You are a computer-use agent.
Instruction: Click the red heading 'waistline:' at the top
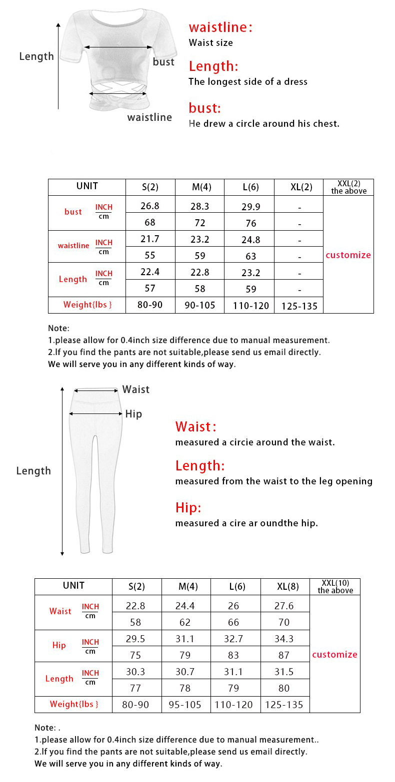pyautogui.click(x=220, y=27)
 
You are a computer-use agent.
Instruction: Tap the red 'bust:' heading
pyautogui.click(x=204, y=108)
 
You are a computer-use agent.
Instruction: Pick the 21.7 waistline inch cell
pyautogui.click(x=150, y=239)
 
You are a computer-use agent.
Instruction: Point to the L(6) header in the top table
pyautogui.click(x=249, y=187)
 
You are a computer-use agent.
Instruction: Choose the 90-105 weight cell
pyautogui.click(x=200, y=305)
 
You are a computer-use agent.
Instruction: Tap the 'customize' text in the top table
pyautogui.click(x=348, y=255)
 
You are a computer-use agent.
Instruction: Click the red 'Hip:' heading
pyautogui.click(x=188, y=508)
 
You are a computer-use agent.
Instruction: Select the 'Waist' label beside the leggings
pyautogui.click(x=135, y=390)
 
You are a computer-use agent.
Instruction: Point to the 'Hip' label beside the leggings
pyautogui.click(x=133, y=414)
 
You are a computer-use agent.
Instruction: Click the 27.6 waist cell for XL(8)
pyautogui.click(x=284, y=606)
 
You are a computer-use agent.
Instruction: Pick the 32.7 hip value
pyautogui.click(x=233, y=639)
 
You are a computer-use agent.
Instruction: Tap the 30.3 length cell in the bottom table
pyautogui.click(x=135, y=672)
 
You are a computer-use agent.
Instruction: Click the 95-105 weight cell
pyautogui.click(x=185, y=705)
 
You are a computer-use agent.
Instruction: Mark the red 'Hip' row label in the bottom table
pyautogui.click(x=59, y=645)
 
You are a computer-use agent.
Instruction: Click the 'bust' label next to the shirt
pyautogui.click(x=163, y=62)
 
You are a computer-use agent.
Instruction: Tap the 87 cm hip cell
pyautogui.click(x=284, y=655)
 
